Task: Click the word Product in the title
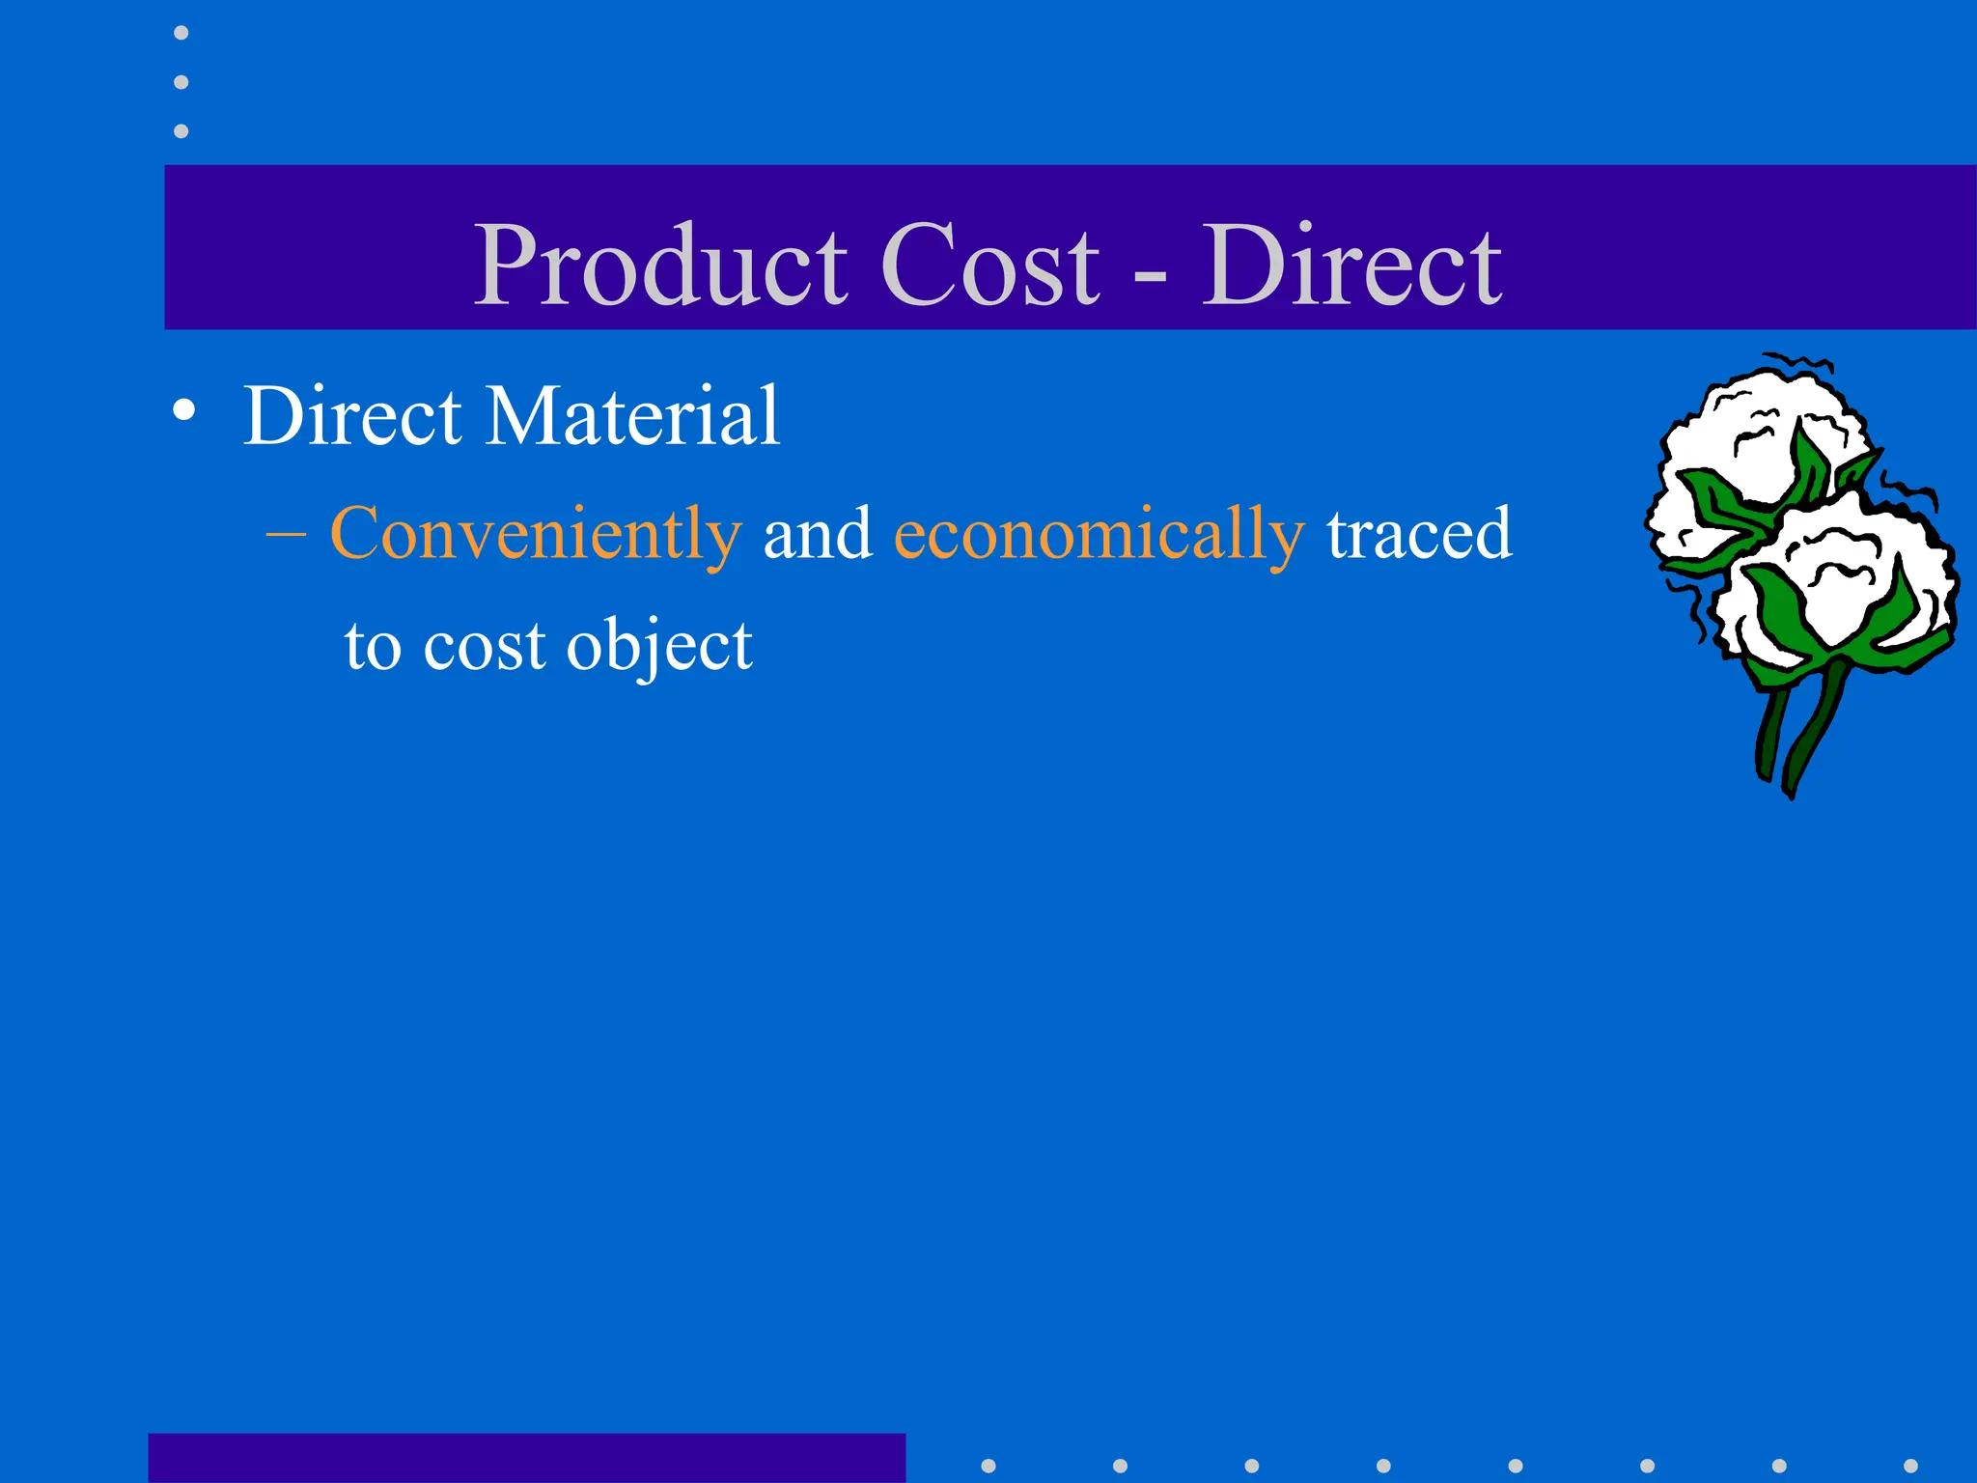click(661, 265)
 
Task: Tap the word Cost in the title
click(989, 265)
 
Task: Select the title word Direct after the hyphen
click(1351, 265)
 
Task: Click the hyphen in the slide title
click(1150, 276)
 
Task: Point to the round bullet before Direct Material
click(183, 411)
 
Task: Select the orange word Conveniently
click(536, 533)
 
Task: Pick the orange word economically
click(1100, 533)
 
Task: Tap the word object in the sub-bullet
click(659, 645)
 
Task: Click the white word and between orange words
click(818, 533)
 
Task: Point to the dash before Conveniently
click(286, 533)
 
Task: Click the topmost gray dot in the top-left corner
click(181, 33)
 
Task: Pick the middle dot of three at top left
click(181, 82)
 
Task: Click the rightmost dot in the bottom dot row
click(1910, 1466)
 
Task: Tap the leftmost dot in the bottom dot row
click(988, 1466)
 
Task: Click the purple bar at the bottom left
click(526, 1458)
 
